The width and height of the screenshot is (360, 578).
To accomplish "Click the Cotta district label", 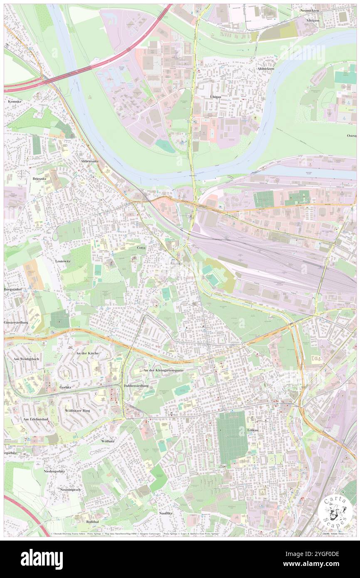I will (141, 247).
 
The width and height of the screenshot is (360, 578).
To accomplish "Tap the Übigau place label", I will (212, 96).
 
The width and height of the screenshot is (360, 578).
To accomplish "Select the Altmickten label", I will (265, 69).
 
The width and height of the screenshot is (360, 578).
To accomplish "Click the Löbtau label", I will (253, 430).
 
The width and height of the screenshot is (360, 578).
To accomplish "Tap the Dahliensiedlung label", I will (136, 386).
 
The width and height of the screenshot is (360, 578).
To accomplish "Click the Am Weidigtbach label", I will (26, 359).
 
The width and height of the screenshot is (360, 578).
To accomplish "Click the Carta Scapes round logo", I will (335, 513).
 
